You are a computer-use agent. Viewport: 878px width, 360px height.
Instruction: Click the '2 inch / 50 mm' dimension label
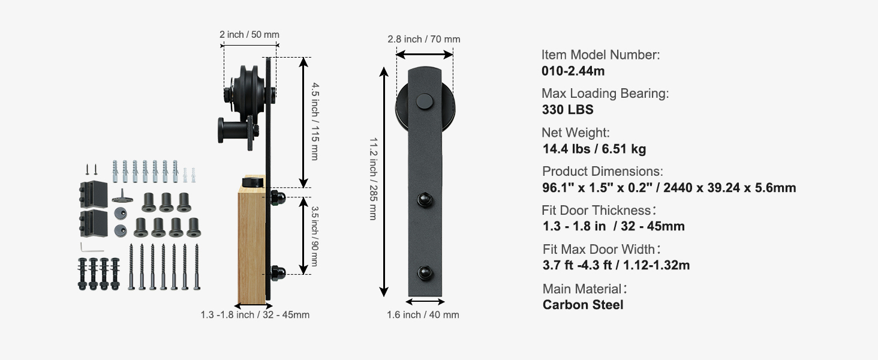(x=249, y=35)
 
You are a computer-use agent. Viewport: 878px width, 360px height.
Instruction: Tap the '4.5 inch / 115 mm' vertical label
(x=315, y=121)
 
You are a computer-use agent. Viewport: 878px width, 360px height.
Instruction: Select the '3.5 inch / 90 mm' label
(x=314, y=236)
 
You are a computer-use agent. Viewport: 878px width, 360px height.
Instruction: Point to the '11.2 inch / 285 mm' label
(x=373, y=179)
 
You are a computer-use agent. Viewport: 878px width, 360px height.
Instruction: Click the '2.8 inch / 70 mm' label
(x=424, y=39)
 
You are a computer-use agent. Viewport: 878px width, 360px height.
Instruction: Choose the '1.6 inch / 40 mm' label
(x=423, y=314)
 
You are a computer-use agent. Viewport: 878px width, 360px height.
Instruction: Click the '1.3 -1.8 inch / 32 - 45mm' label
(x=255, y=314)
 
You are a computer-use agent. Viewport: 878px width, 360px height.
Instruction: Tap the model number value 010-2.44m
(x=573, y=71)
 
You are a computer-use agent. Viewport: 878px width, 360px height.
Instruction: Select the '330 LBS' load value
(x=567, y=110)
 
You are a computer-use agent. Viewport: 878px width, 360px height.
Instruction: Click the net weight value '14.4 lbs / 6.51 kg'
(x=594, y=149)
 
